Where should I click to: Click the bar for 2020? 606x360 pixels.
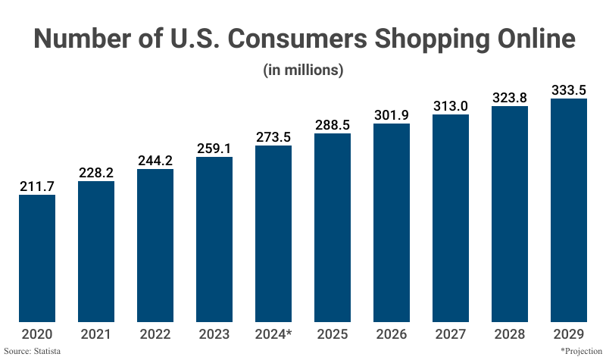click(x=37, y=257)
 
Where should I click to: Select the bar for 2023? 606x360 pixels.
click(x=214, y=239)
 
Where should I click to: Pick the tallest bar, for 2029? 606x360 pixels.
click(x=569, y=210)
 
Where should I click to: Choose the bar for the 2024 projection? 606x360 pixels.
click(x=273, y=233)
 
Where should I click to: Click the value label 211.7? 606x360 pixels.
click(x=37, y=185)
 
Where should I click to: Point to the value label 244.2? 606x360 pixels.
click(x=155, y=160)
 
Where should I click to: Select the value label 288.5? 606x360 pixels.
click(x=333, y=124)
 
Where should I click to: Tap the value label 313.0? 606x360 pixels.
click(x=451, y=105)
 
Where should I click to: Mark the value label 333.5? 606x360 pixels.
click(x=569, y=89)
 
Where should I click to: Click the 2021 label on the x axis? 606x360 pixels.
click(x=96, y=333)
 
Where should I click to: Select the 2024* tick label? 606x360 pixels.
click(x=273, y=333)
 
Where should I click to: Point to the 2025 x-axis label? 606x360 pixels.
click(x=333, y=333)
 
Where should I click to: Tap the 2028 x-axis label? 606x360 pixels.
click(x=510, y=333)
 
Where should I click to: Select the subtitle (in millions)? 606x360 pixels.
click(x=303, y=70)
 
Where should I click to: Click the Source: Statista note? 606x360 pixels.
click(x=32, y=352)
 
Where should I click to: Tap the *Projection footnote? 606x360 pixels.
click(x=581, y=352)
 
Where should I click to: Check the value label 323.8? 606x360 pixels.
click(x=510, y=97)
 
